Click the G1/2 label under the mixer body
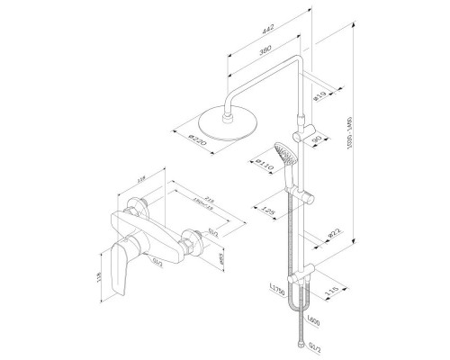(158, 263)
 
